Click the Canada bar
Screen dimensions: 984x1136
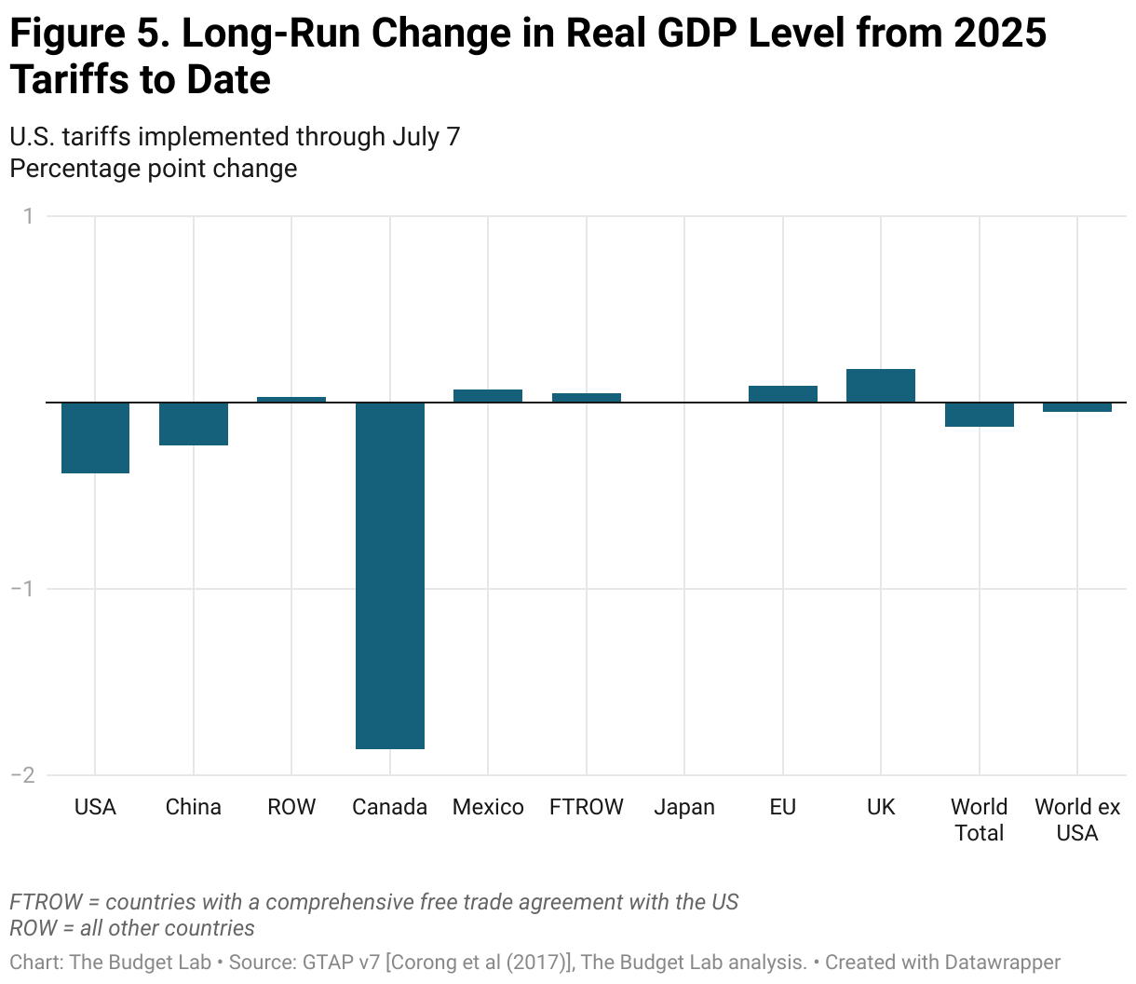390,575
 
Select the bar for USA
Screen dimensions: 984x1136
95,438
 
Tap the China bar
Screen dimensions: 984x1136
194,424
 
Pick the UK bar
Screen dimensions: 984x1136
881,386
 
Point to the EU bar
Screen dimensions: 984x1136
783,394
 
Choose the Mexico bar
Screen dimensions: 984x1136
488,396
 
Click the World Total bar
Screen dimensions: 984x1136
980,415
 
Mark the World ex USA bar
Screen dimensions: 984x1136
1077,407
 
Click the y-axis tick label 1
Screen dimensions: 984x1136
28,216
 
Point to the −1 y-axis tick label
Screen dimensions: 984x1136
22,589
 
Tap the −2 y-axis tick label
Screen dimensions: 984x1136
22,775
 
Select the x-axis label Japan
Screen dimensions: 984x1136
684,807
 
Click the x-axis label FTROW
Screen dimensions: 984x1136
587,807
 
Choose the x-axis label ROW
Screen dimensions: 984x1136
291,807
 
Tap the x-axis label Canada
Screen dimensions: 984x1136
390,807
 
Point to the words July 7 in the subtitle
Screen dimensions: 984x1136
426,137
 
